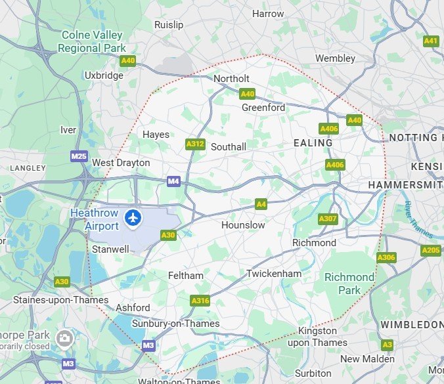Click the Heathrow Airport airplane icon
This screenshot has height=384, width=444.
point(134,217)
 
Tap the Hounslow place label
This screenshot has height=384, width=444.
point(243,225)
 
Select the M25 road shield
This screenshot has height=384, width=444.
point(79,156)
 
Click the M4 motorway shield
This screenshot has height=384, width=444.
point(173,181)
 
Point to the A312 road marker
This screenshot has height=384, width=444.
point(194,144)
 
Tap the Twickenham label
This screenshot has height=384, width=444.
point(274,273)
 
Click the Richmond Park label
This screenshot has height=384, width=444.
point(349,284)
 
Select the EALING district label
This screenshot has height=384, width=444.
point(313,143)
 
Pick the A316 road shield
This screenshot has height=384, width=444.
point(200,301)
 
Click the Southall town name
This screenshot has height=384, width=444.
point(229,147)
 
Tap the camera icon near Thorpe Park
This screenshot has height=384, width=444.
point(64,338)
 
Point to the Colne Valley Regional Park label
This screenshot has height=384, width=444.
point(92,41)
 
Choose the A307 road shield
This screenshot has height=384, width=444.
point(327,219)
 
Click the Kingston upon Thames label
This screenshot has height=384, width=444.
point(318,337)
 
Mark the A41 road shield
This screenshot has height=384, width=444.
point(431,41)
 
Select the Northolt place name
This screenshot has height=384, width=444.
point(231,79)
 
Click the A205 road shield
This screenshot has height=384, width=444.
point(431,250)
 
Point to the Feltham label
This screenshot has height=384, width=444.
point(186,276)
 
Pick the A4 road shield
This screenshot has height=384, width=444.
point(261,205)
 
